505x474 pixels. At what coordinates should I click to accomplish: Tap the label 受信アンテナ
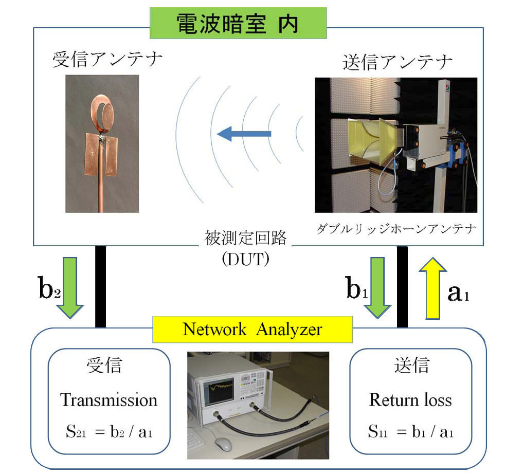(107, 60)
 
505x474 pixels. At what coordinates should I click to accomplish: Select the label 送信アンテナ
(398, 62)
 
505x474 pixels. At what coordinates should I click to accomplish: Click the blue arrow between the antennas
(244, 134)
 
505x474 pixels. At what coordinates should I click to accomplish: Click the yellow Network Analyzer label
(252, 329)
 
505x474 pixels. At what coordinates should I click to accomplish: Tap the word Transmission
(109, 400)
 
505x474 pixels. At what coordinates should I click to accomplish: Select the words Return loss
(410, 400)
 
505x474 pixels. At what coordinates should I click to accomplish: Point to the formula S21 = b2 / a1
(109, 431)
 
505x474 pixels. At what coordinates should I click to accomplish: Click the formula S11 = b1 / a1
(410, 431)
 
